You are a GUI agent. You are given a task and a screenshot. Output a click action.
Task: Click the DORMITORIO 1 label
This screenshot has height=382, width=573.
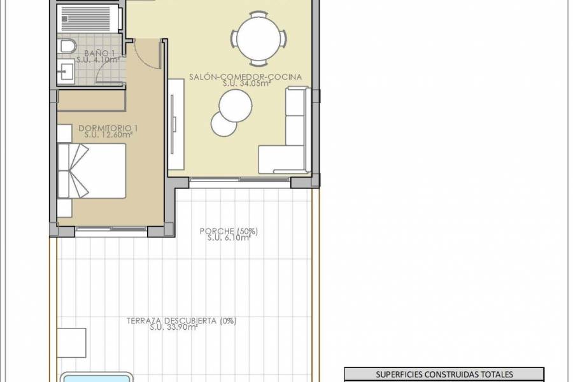pos(108,128)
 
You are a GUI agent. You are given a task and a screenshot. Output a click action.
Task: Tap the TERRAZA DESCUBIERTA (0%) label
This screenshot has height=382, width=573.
pos(181,321)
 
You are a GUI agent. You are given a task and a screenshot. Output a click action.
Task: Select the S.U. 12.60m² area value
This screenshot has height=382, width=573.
pos(108,134)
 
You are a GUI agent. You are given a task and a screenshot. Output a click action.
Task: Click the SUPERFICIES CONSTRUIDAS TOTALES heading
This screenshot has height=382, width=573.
pos(444,374)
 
